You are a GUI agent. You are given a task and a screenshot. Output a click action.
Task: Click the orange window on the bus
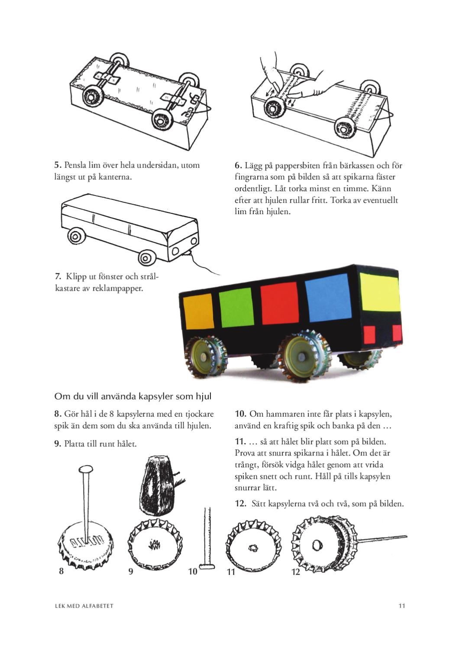click(x=199, y=312)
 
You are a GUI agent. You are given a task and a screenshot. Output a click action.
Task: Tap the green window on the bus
click(x=236, y=307)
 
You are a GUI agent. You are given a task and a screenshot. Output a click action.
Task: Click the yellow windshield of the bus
click(x=379, y=292)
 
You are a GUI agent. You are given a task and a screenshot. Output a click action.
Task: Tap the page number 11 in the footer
click(x=402, y=606)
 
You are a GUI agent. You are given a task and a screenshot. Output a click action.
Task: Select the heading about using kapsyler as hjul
click(x=133, y=396)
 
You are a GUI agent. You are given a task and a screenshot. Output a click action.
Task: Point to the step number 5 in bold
click(x=57, y=165)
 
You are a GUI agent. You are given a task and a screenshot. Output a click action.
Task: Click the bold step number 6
click(x=238, y=165)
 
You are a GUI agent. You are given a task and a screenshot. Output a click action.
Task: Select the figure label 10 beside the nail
click(x=193, y=572)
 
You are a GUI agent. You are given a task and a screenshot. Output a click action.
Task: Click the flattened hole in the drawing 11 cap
click(x=253, y=549)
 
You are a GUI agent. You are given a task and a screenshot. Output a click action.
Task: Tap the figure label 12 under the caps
click(x=296, y=572)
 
